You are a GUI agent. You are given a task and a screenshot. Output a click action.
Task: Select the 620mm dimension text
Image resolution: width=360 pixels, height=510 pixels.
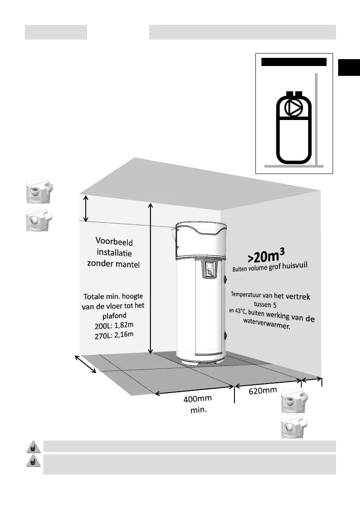[x=262, y=390]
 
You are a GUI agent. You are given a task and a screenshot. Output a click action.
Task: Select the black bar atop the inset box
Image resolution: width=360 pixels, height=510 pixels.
[x=294, y=62]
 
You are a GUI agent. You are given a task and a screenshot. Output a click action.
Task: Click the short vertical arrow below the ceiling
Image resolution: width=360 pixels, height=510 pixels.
[x=86, y=208]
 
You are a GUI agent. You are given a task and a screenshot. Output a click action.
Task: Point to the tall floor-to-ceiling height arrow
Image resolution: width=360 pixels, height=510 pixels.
[x=150, y=279]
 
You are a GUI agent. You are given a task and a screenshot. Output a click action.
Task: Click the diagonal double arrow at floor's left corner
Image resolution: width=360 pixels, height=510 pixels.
[x=86, y=364]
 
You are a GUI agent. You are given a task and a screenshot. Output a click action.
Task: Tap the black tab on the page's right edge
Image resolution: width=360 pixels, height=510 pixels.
[x=348, y=68]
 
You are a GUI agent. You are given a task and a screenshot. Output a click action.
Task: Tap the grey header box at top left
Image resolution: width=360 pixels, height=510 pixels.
[x=56, y=32]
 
